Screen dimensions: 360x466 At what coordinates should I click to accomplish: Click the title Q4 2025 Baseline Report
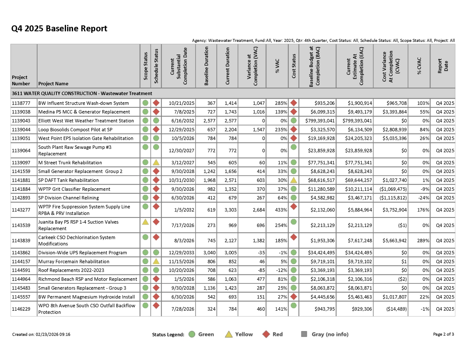click(59, 29)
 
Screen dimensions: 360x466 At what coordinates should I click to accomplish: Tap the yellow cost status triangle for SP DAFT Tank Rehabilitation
click(293, 180)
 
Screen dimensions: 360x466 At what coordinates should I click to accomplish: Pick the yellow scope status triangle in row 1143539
click(145, 222)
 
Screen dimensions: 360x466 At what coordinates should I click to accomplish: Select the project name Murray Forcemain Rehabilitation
click(73, 262)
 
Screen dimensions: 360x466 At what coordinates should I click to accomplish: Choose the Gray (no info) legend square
click(304, 334)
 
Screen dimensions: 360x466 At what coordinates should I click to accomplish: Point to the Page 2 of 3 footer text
click(443, 334)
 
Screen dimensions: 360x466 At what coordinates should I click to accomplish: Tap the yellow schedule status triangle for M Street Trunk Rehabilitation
click(156, 162)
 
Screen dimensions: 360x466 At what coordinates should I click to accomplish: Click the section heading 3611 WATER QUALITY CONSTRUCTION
click(82, 94)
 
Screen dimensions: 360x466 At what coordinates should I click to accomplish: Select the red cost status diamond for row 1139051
click(293, 138)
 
